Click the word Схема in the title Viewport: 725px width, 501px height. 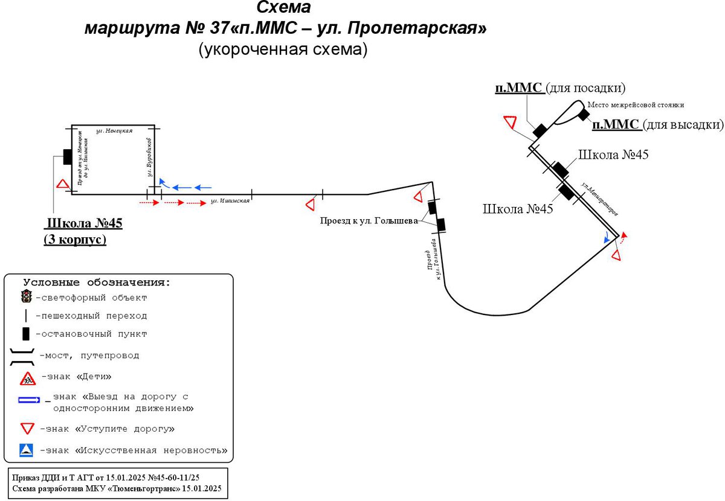pyautogui.click(x=283, y=8)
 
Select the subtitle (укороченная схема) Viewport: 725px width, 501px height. pyautogui.click(x=283, y=50)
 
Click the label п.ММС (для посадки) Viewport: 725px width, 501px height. pyautogui.click(x=559, y=88)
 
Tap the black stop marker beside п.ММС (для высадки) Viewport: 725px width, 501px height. pyautogui.click(x=583, y=114)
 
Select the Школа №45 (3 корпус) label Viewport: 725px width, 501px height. pyautogui.click(x=84, y=231)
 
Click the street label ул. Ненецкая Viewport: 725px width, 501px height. pyautogui.click(x=115, y=130)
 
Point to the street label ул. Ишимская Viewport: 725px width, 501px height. pyautogui.click(x=230, y=201)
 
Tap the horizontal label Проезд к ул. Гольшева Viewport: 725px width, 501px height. pyautogui.click(x=369, y=221)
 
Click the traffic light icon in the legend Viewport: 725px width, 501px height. pyautogui.click(x=26, y=296)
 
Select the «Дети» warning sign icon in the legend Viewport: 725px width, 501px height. pyautogui.click(x=28, y=378)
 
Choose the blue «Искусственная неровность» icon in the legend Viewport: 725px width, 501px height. pyautogui.click(x=26, y=450)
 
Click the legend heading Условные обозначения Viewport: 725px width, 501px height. pyautogui.click(x=97, y=282)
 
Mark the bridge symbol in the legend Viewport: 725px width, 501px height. pyautogui.click(x=24, y=356)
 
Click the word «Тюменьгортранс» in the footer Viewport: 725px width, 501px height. pyautogui.click(x=132, y=488)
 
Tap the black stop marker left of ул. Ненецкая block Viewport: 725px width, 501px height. pyautogui.click(x=68, y=156)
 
